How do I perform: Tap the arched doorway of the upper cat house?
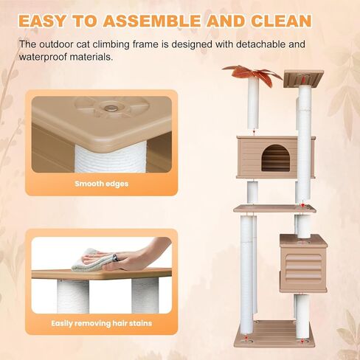tap(276, 157)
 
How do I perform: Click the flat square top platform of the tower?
tap(303, 77)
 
